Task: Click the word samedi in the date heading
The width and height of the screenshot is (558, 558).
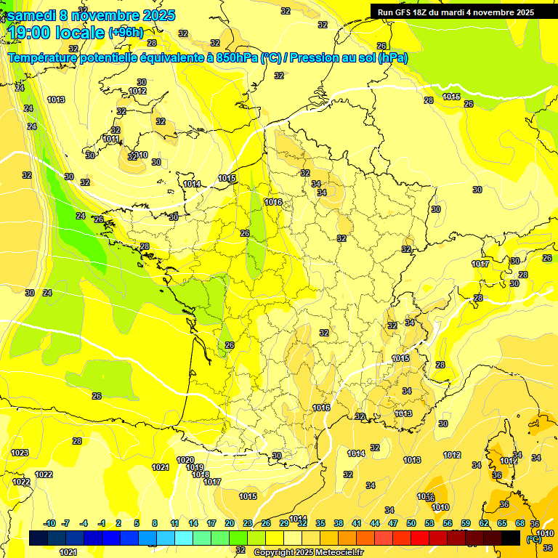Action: point(33,15)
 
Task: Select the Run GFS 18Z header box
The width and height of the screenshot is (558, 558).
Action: point(456,12)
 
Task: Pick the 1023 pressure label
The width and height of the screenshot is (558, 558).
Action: point(20,453)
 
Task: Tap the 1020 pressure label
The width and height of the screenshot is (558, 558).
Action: point(185,460)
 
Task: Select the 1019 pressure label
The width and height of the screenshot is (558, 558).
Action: point(194,467)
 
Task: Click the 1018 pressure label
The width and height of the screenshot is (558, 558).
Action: point(201,474)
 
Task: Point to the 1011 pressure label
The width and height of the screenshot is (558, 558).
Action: point(110,139)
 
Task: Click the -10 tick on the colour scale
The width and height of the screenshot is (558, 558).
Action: point(49,523)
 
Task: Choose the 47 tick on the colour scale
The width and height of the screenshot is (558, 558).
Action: point(393,523)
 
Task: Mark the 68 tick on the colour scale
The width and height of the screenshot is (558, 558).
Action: point(520,523)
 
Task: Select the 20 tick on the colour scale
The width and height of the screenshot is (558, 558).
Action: point(230,523)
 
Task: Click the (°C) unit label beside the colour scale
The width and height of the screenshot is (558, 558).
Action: point(534,538)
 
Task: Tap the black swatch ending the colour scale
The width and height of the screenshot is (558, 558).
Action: point(511,538)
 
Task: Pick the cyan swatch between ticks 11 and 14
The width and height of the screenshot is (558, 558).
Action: point(184,538)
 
